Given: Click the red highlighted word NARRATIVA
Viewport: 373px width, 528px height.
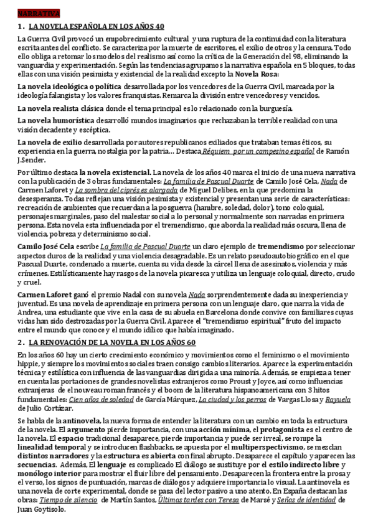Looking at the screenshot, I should click(39, 13).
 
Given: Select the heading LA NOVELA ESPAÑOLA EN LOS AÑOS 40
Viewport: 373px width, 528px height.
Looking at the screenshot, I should click(97, 26).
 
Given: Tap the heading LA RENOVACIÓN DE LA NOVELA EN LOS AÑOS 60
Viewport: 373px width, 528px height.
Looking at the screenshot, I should click(112, 342).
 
